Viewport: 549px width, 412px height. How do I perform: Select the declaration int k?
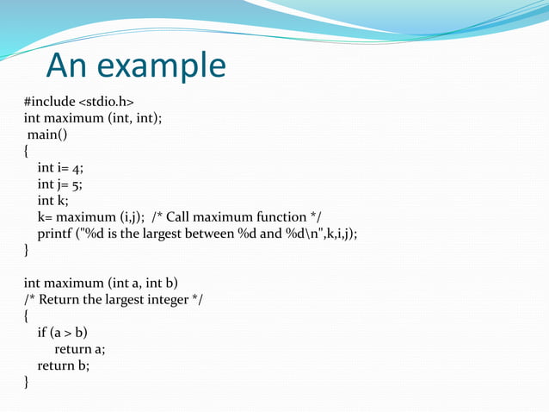click(x=52, y=201)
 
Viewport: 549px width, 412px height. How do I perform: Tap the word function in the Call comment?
click(x=282, y=217)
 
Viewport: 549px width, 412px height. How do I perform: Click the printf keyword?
click(x=54, y=234)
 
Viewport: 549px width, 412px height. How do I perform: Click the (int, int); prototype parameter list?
click(x=133, y=119)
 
